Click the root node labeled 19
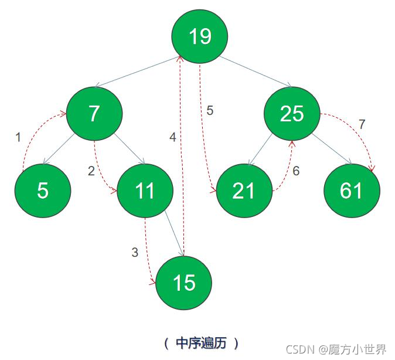pos(199,36)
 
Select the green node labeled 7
pos(94,114)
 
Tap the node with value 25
pos(292,114)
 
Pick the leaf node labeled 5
pos(43,191)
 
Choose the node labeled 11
pos(145,191)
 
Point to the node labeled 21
pos(244,191)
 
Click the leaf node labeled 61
pos(352,191)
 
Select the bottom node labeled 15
pos(184,283)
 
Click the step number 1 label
pos(18,137)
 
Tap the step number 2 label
pos(91,171)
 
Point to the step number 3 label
pos(135,253)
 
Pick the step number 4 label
pos(172,137)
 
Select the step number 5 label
pos(210,110)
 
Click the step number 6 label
pos(296,171)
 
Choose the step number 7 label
pos(362,124)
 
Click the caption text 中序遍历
pos(200,342)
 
